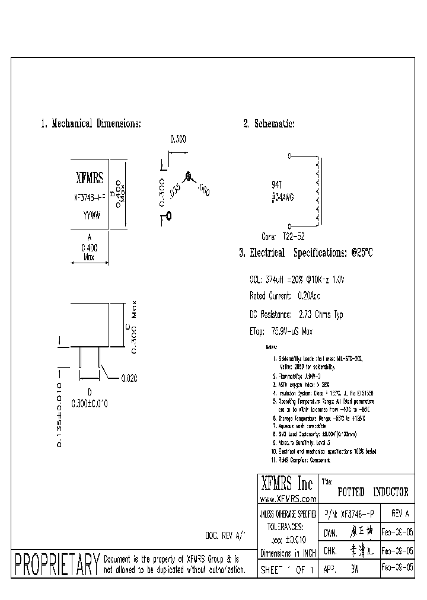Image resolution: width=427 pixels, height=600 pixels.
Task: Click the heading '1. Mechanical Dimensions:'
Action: (91, 124)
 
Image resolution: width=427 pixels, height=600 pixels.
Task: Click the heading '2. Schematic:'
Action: (269, 124)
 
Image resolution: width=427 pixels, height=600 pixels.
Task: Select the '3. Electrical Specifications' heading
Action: (305, 253)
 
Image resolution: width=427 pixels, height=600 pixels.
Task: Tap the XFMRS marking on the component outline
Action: (90, 177)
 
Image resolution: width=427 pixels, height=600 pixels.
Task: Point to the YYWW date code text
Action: (90, 218)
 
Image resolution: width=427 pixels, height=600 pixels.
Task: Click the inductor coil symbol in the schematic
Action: (318, 191)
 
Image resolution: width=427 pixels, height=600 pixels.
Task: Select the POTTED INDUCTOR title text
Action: (372, 492)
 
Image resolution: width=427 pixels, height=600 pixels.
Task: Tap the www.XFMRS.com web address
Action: (288, 500)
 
